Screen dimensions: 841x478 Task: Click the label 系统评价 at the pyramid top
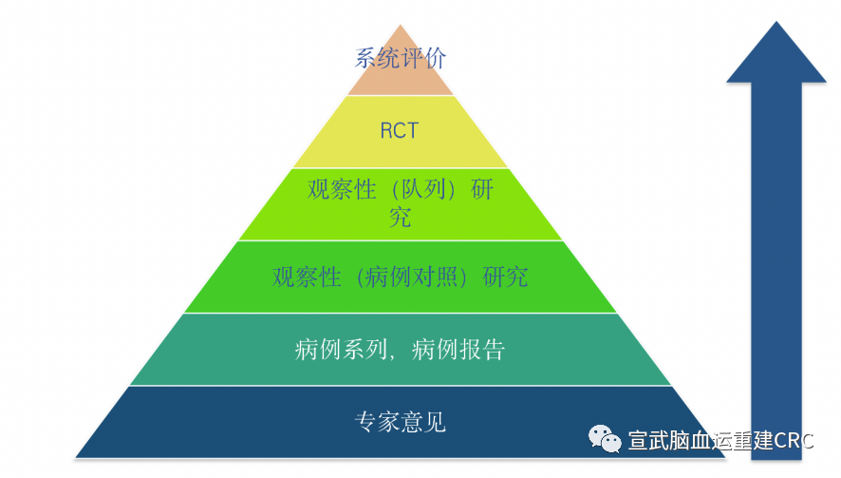(400, 58)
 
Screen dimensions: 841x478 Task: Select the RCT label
(399, 131)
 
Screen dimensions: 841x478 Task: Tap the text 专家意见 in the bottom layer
(400, 421)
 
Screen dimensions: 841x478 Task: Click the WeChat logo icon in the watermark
(604, 438)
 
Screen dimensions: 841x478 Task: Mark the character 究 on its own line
(400, 218)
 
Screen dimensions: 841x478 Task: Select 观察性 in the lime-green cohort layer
(342, 189)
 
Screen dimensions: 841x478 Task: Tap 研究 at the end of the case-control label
(505, 277)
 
